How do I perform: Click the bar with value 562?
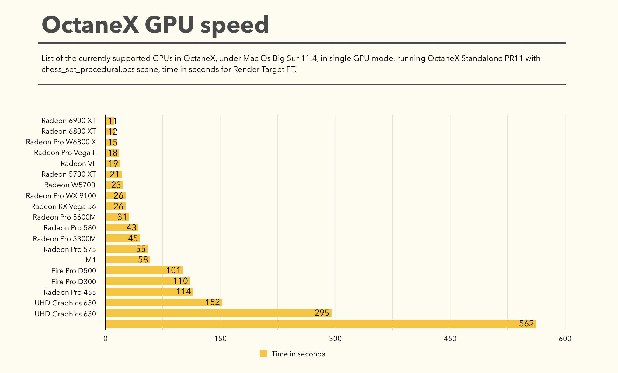(x=321, y=324)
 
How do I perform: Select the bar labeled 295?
(x=218, y=313)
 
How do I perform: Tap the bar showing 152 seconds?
(x=164, y=302)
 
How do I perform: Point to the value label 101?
(x=173, y=270)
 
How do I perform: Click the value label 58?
(x=143, y=259)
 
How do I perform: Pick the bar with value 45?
(x=123, y=238)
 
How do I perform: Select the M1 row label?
(x=91, y=260)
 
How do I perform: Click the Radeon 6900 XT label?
(x=69, y=121)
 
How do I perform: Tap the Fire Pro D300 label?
(x=74, y=281)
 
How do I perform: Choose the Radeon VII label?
(x=78, y=164)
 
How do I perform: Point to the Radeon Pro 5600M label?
(x=64, y=217)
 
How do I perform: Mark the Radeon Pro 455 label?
(x=70, y=292)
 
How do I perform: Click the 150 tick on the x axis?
(x=220, y=339)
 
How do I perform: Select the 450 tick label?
(x=450, y=339)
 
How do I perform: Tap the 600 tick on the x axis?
(x=565, y=339)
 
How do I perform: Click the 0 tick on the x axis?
(x=106, y=339)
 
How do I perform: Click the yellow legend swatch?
(x=263, y=354)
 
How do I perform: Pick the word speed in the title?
(x=234, y=25)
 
